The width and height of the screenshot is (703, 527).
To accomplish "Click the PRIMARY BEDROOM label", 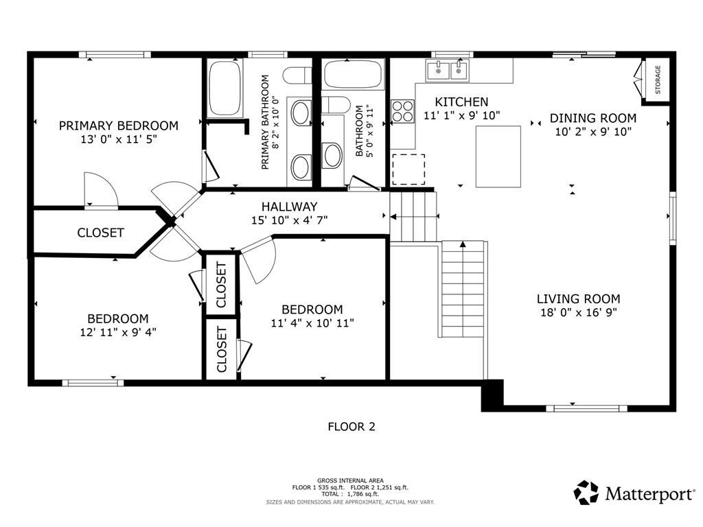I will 118,126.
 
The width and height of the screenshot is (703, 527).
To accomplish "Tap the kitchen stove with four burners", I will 402,110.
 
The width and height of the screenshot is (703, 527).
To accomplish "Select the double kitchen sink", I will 446,69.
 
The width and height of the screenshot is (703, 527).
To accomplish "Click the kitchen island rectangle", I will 498,157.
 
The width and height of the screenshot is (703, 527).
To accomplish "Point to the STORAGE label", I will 658,80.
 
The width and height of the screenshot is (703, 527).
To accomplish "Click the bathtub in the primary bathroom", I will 224,88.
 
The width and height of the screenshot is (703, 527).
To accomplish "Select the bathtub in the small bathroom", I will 353,74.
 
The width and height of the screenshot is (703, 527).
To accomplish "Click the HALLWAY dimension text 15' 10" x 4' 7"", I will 289,220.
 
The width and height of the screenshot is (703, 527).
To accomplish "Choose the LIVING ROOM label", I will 578,298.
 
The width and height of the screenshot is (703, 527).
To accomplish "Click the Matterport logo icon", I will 586,493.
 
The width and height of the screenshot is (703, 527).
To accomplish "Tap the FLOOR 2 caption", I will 351,427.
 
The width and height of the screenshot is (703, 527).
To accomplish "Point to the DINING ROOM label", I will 592,118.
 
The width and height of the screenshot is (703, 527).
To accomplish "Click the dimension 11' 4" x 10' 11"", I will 312,323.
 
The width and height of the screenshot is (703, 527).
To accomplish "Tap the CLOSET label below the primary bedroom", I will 100,233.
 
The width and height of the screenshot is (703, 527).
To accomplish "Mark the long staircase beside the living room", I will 464,289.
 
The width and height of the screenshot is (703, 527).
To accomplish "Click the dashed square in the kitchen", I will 408,169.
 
